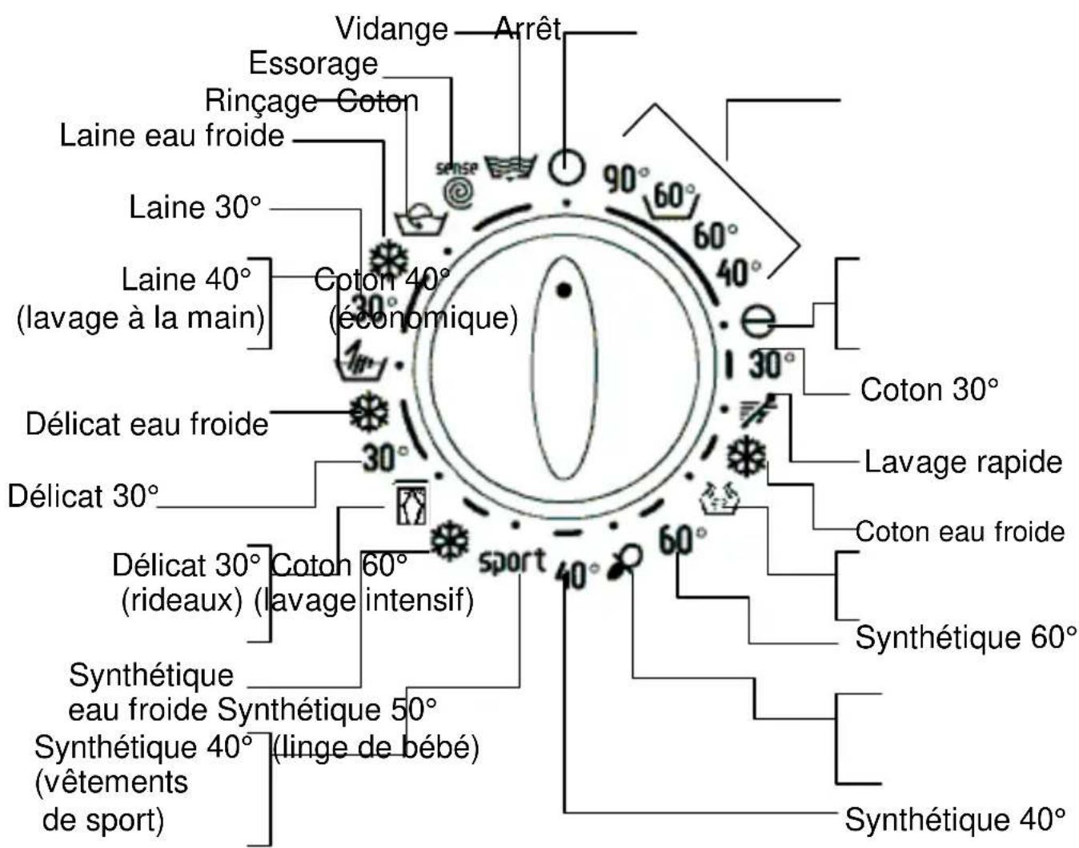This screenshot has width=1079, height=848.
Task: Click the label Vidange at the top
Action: tap(391, 29)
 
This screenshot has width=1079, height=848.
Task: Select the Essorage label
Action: tap(313, 63)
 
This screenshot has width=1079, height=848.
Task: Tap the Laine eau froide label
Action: tap(171, 134)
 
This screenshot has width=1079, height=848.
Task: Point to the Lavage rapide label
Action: tap(963, 462)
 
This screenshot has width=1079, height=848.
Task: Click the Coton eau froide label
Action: tap(960, 531)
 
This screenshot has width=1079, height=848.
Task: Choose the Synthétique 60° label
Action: tap(965, 638)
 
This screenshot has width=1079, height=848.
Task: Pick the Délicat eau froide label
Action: tap(146, 423)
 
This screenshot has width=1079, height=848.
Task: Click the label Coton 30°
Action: tap(929, 390)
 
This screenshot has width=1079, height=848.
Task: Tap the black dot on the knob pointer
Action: tap(564, 290)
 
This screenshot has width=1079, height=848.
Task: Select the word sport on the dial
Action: tap(512, 561)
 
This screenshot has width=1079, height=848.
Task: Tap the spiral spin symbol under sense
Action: tap(459, 193)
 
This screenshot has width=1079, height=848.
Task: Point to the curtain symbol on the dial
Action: tap(411, 502)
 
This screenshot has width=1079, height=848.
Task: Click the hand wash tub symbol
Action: tap(360, 362)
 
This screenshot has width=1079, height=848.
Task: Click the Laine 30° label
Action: tap(195, 207)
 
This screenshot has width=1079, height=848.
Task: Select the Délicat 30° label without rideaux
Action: tap(82, 496)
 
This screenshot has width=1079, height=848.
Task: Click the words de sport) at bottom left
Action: tap(102, 819)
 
